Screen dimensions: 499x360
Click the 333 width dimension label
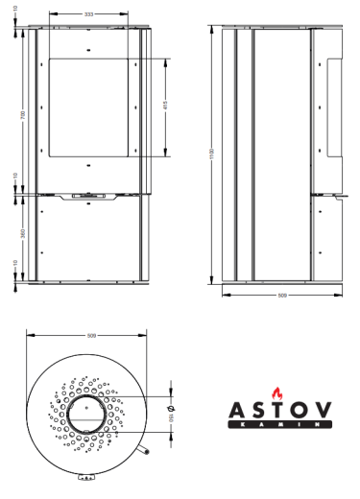point(88,14)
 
